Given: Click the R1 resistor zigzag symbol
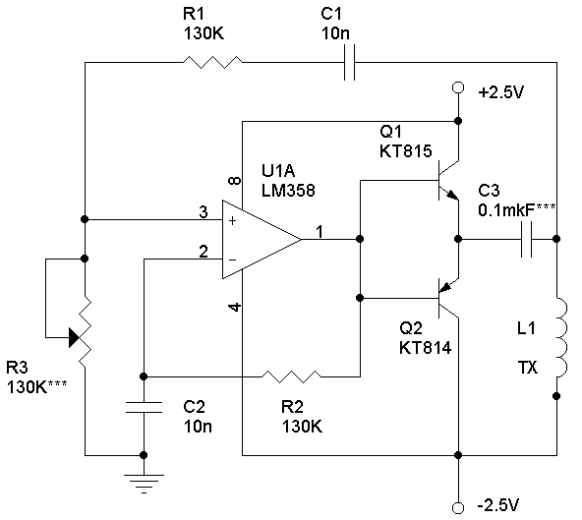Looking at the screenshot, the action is click(212, 62).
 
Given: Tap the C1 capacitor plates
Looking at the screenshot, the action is click(349, 62).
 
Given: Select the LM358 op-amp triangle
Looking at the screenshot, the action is click(262, 240).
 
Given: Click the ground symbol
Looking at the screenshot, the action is click(144, 484).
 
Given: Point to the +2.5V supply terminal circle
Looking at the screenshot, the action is click(458, 87).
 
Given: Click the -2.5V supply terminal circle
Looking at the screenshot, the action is click(458, 508).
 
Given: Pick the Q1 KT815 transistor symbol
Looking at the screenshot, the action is click(448, 181).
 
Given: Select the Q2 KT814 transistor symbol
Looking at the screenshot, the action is click(448, 298).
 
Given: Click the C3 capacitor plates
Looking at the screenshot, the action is click(526, 240).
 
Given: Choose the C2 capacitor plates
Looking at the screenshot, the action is click(144, 407).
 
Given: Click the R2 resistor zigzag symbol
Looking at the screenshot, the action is click(291, 376).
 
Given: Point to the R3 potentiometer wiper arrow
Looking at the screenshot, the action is click(75, 337).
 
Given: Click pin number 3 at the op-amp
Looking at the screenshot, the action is click(204, 212).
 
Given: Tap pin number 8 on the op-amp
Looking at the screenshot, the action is click(235, 181).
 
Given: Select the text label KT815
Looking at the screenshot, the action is click(406, 151).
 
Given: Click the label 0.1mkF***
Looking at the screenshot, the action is click(517, 210).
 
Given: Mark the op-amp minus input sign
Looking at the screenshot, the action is click(232, 260).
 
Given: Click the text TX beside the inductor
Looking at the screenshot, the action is click(527, 368).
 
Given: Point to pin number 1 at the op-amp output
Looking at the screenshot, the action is click(320, 232).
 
